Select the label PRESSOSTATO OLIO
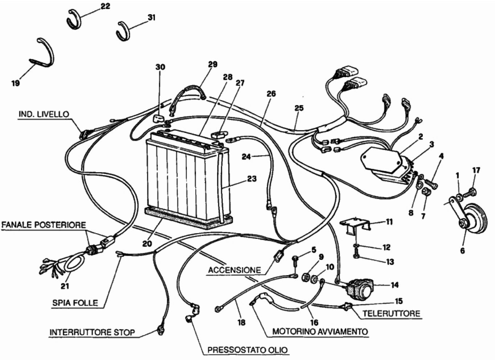click(247, 350)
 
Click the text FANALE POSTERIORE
click(44, 225)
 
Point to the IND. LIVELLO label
click(44, 114)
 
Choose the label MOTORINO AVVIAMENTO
click(320, 331)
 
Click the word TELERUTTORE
click(391, 314)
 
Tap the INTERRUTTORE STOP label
click(92, 332)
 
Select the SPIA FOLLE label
click(75, 303)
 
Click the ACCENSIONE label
click(234, 270)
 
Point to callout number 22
click(105, 7)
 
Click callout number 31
click(151, 17)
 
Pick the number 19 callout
click(15, 83)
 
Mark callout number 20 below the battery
click(147, 244)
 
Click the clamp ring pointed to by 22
click(74, 18)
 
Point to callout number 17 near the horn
click(476, 170)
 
